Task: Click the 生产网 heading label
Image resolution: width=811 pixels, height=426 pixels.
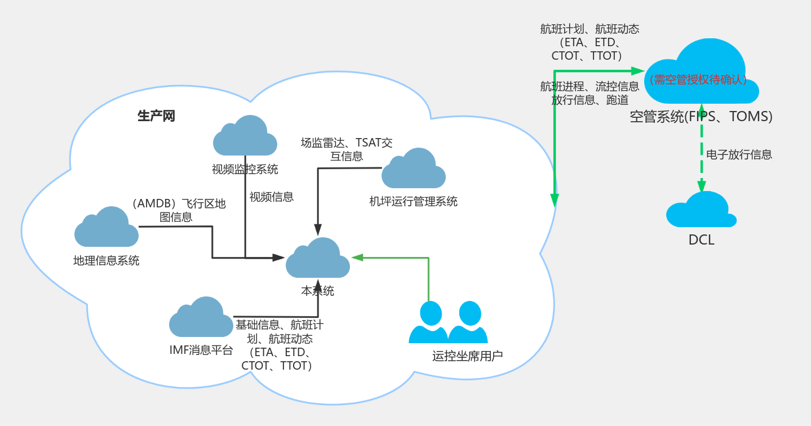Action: [156, 116]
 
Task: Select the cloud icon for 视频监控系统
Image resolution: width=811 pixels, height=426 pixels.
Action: [245, 137]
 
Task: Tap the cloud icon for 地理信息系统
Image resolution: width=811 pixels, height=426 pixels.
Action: [107, 228]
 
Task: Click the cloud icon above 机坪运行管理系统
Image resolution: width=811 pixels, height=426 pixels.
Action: [413, 170]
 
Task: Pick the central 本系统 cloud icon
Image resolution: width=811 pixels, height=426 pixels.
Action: [318, 259]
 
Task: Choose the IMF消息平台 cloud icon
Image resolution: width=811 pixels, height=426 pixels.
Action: [201, 318]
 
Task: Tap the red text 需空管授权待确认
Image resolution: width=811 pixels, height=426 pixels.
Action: [698, 80]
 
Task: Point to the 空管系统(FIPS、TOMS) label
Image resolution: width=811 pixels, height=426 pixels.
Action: [701, 117]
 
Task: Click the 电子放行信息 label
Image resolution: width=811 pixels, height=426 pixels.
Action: [739, 154]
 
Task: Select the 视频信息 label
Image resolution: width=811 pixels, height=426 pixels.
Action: [271, 197]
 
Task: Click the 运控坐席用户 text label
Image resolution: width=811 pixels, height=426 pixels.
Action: [467, 356]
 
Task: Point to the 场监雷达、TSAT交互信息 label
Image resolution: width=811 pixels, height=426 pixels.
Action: [347, 149]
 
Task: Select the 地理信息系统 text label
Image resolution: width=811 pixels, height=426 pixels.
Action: [106, 260]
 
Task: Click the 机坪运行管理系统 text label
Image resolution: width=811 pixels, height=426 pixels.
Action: [413, 201]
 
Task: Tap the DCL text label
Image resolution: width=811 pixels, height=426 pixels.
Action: [701, 239]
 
